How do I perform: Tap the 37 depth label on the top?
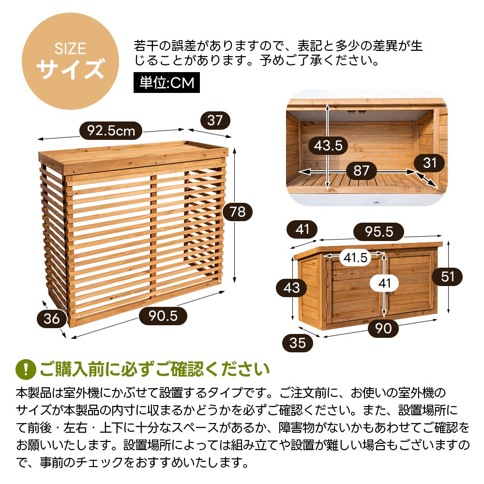pos(214,120)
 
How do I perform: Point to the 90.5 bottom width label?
pos(163,316)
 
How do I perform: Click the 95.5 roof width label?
pos(378,232)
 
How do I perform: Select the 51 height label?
pos(448,276)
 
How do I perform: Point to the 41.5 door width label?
pos(356,258)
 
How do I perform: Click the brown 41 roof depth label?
pos(302,229)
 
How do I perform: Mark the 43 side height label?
pos(291,288)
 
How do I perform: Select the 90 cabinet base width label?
pos(383,328)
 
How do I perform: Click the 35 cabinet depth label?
pos(298,343)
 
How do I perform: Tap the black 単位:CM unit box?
pos(166,83)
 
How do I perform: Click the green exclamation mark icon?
pos(26,369)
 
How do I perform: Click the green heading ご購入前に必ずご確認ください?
pos(154,369)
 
